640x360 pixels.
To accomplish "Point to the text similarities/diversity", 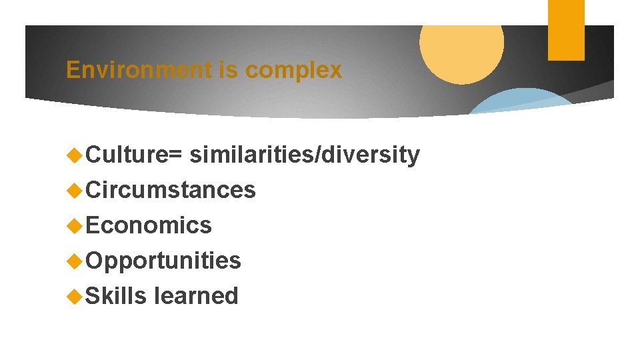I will [305, 155].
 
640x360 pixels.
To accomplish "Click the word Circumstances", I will [171, 190].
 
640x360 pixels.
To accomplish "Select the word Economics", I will [149, 225].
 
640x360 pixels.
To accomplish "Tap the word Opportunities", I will [163, 261].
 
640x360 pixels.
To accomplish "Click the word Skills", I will [117, 295].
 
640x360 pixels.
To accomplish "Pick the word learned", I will [196, 295].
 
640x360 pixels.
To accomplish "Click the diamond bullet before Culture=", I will [75, 155].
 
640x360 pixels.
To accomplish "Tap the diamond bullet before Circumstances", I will [75, 191].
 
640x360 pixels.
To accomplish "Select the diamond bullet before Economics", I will [75, 226].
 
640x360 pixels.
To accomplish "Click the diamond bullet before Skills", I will [75, 296].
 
